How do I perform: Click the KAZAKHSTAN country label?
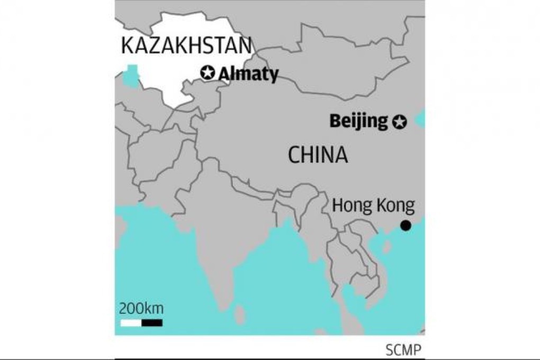(186, 46)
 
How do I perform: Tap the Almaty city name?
(248, 74)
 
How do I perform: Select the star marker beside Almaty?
(208, 73)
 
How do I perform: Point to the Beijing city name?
(358, 121)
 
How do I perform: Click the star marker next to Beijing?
(400, 122)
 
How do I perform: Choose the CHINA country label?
(318, 155)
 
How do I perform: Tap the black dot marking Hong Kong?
(406, 226)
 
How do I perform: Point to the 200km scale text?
(141, 309)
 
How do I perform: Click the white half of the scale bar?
(131, 322)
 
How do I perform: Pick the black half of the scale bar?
(152, 322)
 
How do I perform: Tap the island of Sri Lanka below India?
(240, 314)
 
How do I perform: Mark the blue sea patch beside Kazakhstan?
(131, 76)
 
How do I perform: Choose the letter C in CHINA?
(294, 155)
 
